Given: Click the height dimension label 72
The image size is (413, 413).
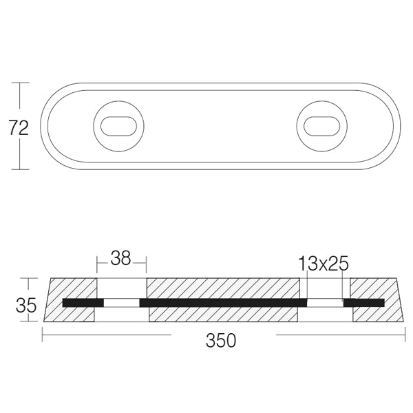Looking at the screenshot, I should (19, 127).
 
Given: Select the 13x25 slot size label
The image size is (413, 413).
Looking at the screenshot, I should (323, 263).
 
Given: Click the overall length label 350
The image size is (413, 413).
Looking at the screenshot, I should (222, 339).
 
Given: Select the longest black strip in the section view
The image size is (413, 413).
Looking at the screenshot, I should (223, 302).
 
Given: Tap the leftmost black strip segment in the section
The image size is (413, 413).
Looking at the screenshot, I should (83, 302).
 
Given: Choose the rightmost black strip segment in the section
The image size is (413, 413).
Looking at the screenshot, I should (364, 302).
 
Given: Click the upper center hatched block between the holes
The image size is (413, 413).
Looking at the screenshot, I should (223, 288).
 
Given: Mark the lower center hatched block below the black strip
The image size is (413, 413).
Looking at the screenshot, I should (223, 315).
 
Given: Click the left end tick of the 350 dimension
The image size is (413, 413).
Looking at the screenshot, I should (43, 335).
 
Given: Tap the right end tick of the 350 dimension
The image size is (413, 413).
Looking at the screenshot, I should (405, 335).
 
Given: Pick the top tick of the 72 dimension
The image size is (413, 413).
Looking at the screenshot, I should (20, 83).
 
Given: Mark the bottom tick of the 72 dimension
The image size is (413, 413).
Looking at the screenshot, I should (20, 169).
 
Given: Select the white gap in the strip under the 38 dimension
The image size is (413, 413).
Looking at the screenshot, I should (121, 302).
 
